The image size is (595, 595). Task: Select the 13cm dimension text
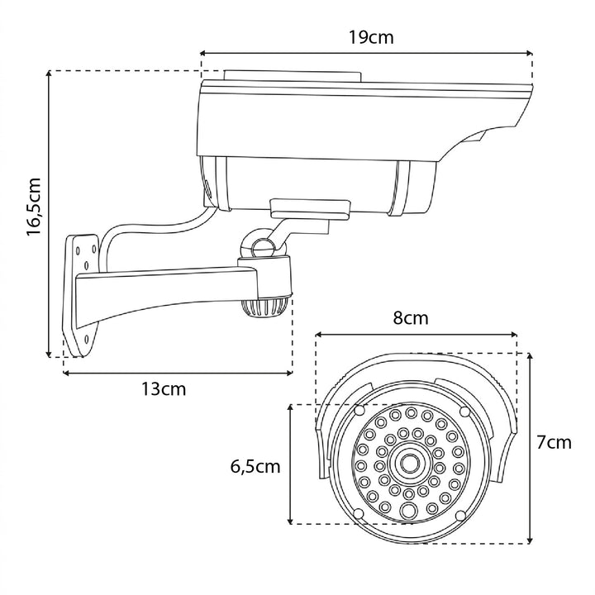[164, 388]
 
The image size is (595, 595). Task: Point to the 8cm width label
[410, 318]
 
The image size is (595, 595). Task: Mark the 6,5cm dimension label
[255, 467]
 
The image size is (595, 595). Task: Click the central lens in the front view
[409, 463]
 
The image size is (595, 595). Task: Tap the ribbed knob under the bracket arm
[263, 308]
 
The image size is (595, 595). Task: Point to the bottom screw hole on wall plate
[83, 338]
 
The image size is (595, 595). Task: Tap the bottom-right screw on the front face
[464, 514]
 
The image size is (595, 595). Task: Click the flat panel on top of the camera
[289, 75]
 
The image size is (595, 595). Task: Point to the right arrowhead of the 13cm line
[290, 374]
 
